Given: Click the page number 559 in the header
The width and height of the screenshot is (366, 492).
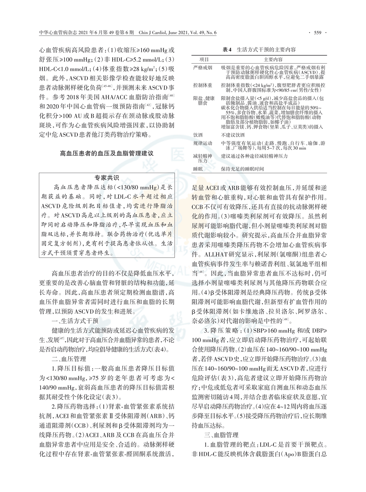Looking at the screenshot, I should point(317,33).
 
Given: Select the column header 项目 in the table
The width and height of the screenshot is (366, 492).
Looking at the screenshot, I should point(204,60).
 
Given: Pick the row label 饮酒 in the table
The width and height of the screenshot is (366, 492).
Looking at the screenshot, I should point(198,135).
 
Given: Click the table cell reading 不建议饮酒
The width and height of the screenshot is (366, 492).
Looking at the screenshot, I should point(233,135).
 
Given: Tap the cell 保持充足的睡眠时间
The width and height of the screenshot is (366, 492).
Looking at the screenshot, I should point(243,169).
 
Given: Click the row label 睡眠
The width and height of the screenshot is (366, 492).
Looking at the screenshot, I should point(198,169).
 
